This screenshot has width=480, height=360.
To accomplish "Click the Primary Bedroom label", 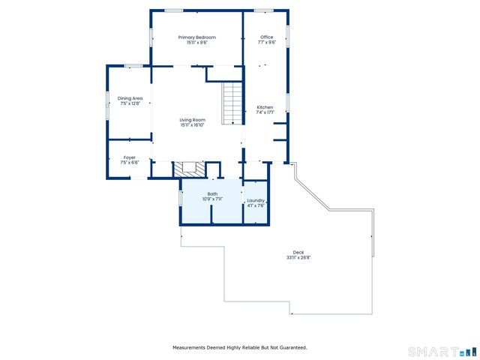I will click(196, 37).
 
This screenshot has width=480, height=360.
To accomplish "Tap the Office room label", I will click(267, 37).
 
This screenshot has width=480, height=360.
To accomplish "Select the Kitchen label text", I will click(265, 107).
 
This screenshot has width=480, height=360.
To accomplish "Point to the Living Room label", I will click(192, 120).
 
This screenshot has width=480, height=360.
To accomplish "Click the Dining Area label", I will click(130, 98).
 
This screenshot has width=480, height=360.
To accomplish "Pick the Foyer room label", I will click(130, 157).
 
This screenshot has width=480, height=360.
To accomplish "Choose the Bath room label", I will click(212, 194).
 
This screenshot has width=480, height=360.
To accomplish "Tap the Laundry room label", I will click(256, 200).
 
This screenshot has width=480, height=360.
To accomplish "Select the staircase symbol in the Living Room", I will click(232, 103).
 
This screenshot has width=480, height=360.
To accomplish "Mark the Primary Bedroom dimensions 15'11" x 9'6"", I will click(196, 43).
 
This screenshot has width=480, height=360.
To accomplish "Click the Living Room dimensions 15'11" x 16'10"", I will click(192, 125).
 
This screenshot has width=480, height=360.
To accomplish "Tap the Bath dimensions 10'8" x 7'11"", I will click(212, 199).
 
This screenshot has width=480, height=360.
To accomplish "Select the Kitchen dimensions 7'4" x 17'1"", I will click(265, 113).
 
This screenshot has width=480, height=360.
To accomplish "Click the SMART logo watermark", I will click(442, 351).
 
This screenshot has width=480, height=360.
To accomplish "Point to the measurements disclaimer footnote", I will click(240, 347).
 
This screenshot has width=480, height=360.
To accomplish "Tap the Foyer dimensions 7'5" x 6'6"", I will click(130, 163).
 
